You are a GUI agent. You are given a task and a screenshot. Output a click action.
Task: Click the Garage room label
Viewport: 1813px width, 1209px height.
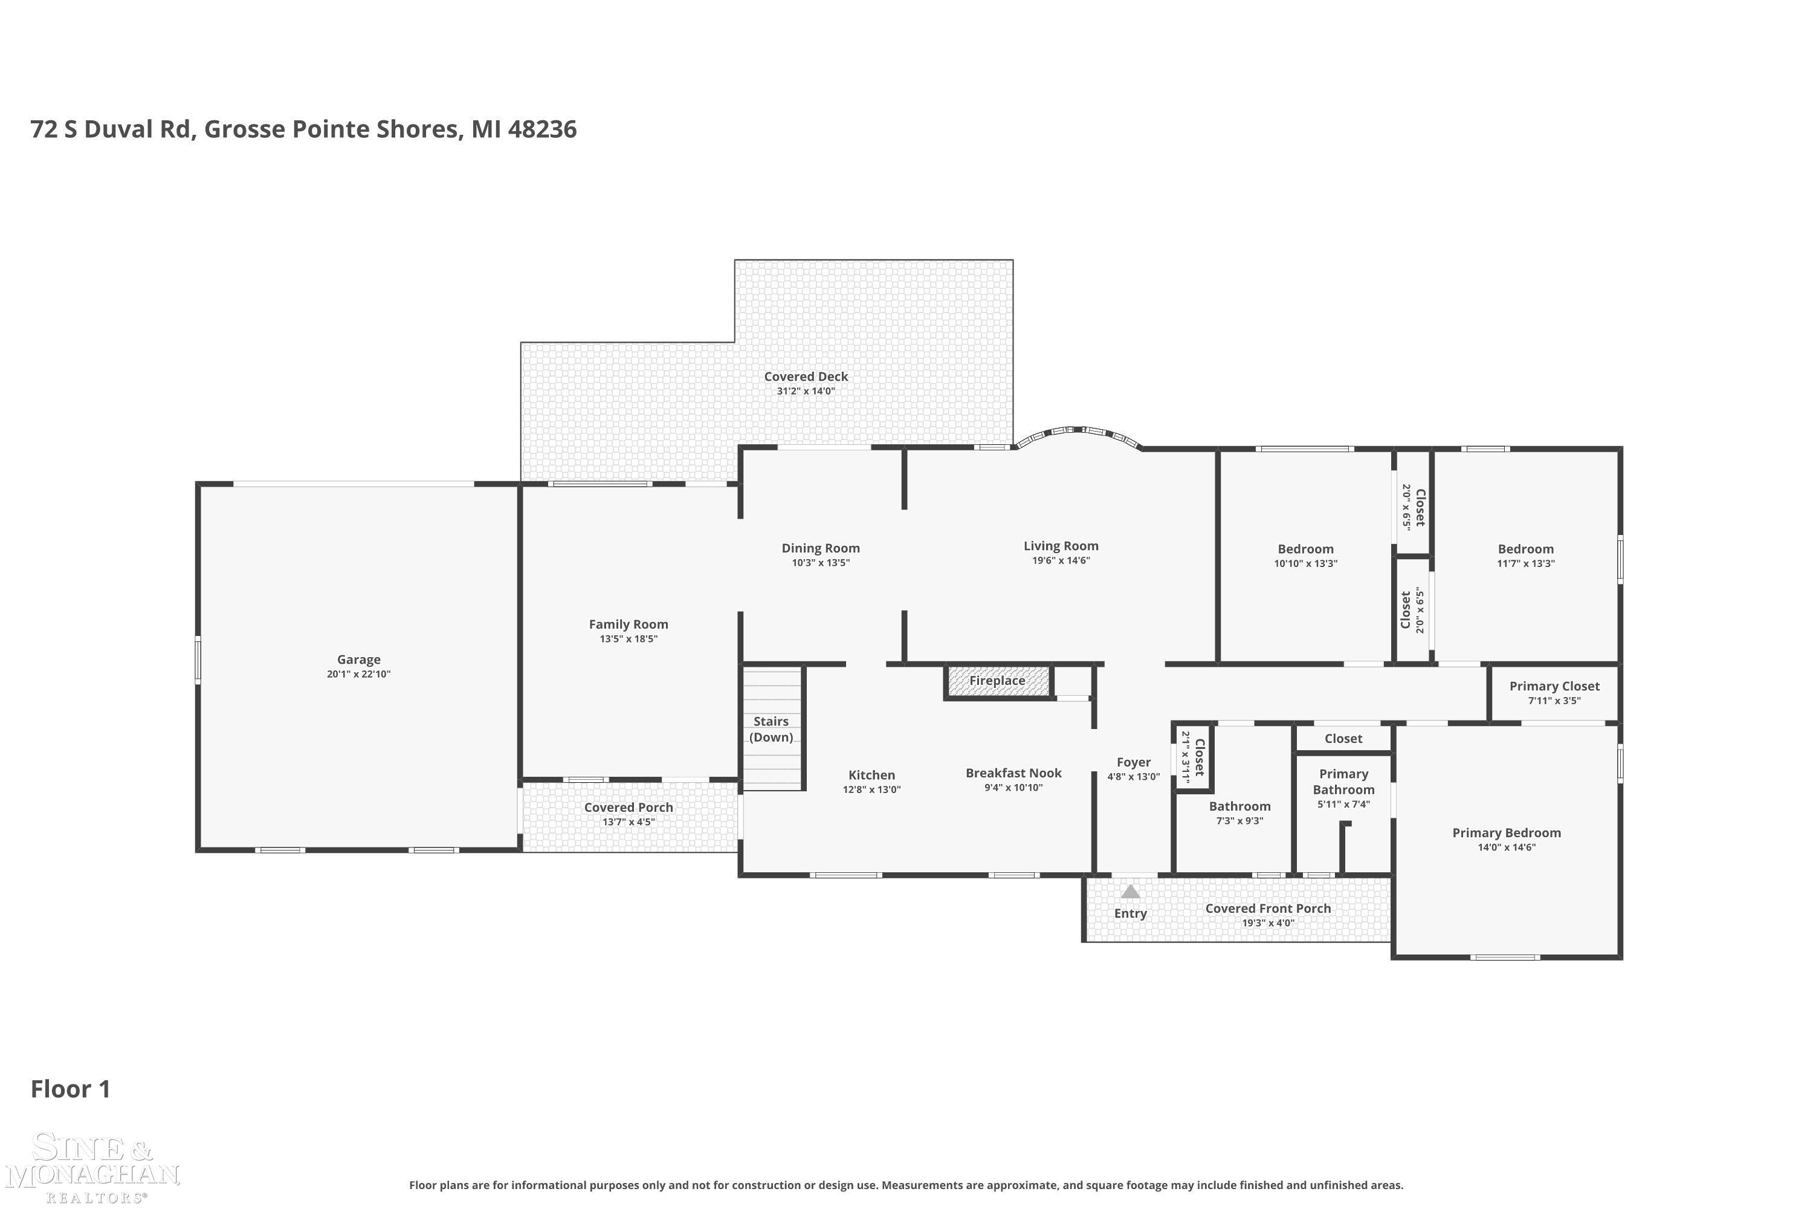pos(358,660)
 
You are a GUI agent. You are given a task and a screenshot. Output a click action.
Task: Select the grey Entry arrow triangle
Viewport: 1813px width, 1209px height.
pos(1130,892)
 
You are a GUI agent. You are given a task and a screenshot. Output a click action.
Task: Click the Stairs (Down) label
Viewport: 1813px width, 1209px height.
pos(771,728)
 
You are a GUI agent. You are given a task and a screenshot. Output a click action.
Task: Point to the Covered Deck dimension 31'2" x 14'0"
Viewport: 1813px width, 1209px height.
pos(806,391)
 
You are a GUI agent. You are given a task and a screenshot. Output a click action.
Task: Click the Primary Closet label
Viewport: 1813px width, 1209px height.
pos(1554,686)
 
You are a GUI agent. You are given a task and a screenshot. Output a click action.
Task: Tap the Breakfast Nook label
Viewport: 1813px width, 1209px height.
pos(1013,773)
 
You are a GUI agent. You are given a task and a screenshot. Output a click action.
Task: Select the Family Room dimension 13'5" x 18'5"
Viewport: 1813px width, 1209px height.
pos(629,639)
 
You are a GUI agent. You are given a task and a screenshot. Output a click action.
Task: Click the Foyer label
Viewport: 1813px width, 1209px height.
pos(1133,762)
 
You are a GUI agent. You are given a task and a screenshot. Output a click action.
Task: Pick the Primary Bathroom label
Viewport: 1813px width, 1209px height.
pos(1343,781)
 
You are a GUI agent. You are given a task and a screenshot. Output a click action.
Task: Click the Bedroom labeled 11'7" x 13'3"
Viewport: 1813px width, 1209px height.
pos(1525,549)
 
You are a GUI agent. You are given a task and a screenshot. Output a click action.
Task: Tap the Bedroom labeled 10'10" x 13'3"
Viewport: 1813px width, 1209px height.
pos(1305,549)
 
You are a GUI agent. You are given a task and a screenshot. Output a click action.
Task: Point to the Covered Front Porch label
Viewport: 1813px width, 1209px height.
pos(1268,909)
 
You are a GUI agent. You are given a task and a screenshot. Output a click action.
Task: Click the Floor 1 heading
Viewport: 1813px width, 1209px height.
pos(70,1089)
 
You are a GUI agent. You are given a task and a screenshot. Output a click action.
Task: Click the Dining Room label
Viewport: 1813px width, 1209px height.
pos(820,548)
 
